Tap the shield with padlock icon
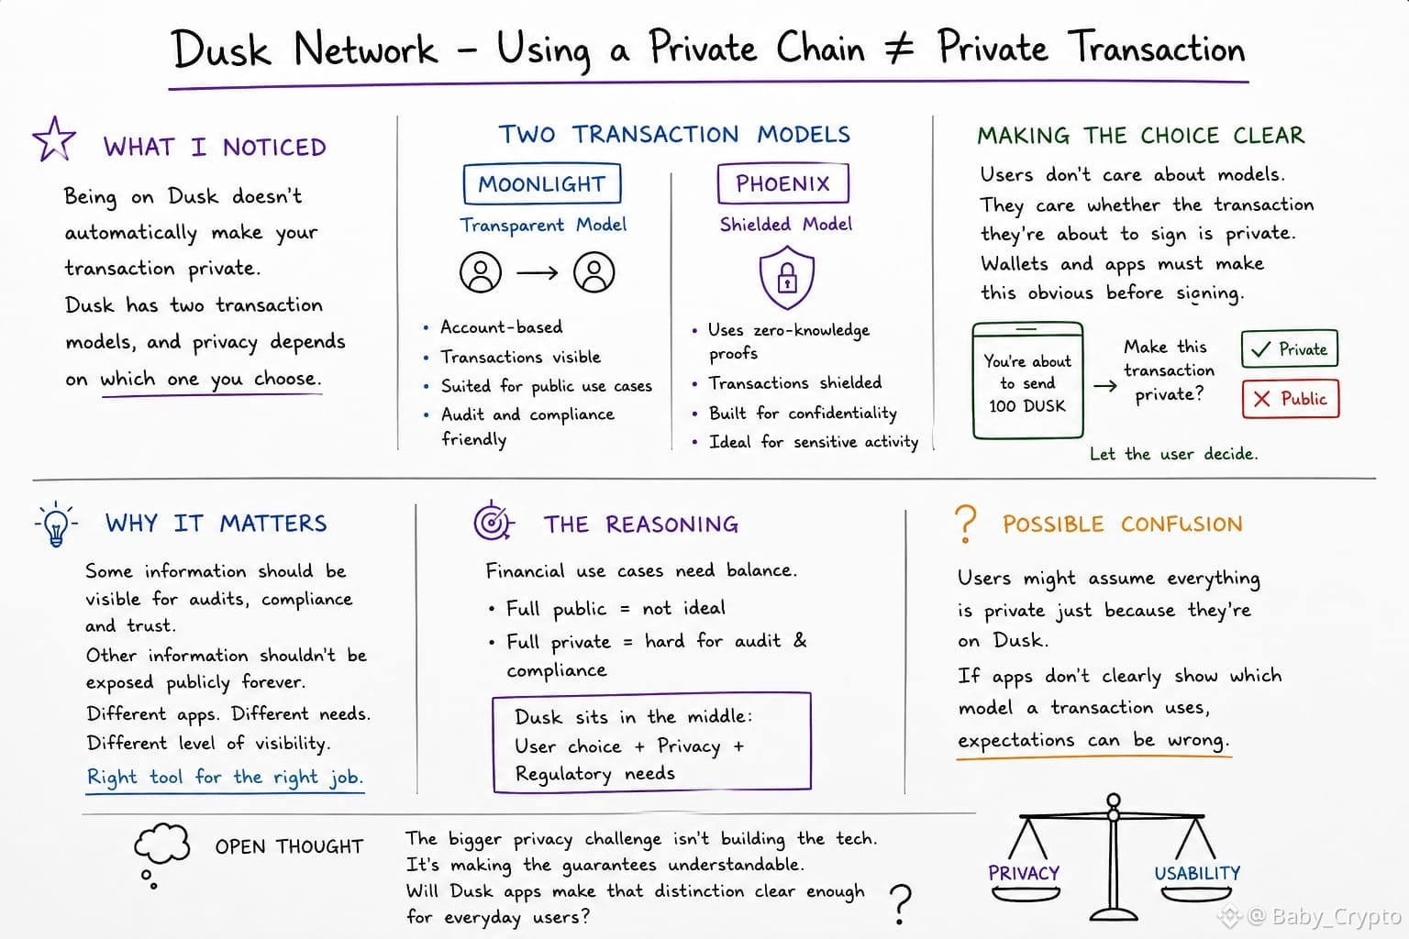786,277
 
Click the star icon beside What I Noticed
54,139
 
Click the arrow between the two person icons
538,273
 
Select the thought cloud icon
161,843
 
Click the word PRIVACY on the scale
1024,873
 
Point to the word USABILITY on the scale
1197,873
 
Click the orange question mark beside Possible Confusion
966,524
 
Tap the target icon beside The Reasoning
494,522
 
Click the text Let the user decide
1174,454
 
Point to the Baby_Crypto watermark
1311,916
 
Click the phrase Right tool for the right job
225,778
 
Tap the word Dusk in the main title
221,49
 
